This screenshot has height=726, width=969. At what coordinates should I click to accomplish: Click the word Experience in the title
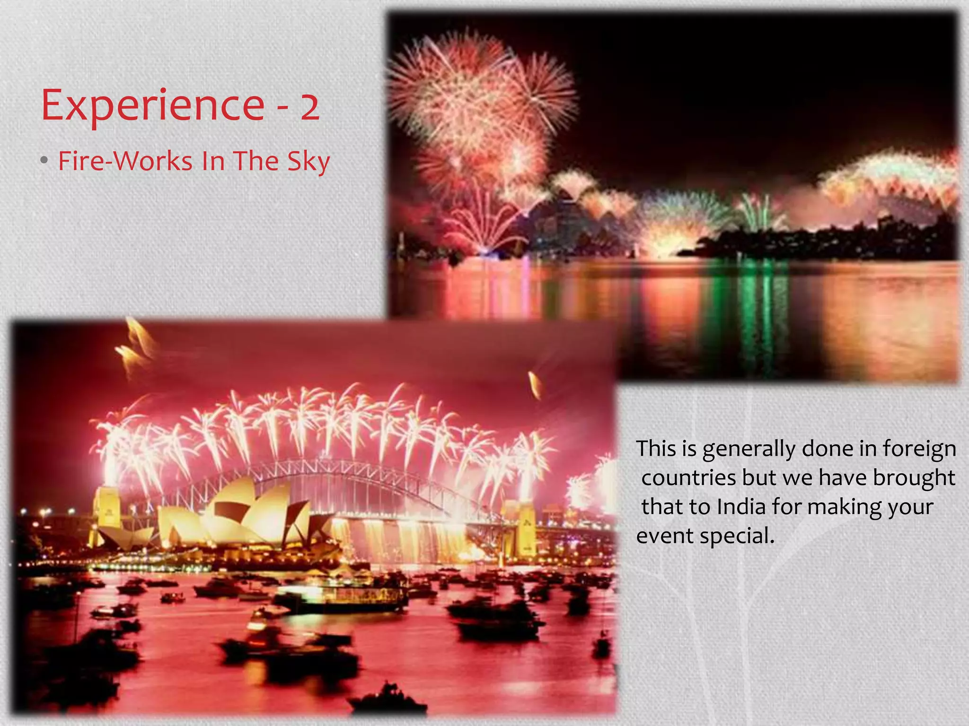click(x=152, y=105)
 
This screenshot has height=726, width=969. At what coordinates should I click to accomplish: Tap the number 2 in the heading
click(x=310, y=107)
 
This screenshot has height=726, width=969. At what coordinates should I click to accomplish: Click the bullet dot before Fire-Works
click(x=44, y=161)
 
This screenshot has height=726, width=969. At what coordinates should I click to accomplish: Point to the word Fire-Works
click(x=125, y=161)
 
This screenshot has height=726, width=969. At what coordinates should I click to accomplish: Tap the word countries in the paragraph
click(x=688, y=478)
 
